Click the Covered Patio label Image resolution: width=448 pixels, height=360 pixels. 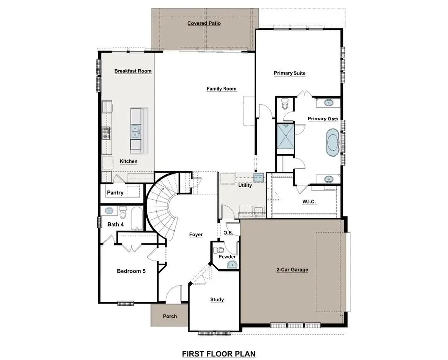[x=204, y=23]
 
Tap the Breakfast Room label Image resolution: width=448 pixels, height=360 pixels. [x=133, y=71]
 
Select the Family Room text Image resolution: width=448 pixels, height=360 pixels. [x=222, y=89]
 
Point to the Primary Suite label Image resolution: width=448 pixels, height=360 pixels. [x=289, y=73]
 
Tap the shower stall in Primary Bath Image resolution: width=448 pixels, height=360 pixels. [x=285, y=136]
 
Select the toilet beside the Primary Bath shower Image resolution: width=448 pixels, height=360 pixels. [x=285, y=105]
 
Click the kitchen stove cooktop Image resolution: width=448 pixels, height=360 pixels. [x=106, y=132]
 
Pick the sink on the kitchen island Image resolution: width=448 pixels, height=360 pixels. [x=135, y=131]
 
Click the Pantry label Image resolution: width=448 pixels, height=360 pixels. [x=115, y=192]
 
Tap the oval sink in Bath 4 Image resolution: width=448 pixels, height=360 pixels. [x=111, y=210]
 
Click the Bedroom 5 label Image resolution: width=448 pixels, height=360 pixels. [x=131, y=271]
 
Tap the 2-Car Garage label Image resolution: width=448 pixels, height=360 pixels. [x=292, y=270]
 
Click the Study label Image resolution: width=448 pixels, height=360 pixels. [x=217, y=300]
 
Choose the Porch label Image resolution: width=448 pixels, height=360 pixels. [x=170, y=316]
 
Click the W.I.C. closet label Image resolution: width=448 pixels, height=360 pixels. [x=309, y=202]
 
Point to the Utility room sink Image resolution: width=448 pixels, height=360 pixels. [x=258, y=177]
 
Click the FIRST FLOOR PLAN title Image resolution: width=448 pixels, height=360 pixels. [x=219, y=354]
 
